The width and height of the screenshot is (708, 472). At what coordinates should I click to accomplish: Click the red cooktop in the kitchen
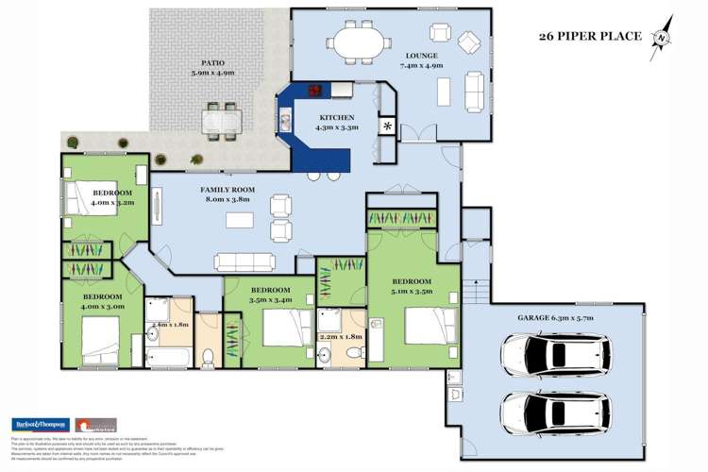313,93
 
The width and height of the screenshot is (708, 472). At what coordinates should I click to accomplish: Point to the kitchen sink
285,120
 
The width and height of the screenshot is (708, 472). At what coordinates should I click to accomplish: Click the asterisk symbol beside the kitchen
386,126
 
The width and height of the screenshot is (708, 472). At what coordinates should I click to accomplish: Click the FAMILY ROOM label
226,190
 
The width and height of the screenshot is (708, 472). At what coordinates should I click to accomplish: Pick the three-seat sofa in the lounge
474,91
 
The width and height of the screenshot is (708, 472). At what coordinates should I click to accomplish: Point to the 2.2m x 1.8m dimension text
341,337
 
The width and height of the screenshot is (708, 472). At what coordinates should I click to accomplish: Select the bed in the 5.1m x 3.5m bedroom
427,327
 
